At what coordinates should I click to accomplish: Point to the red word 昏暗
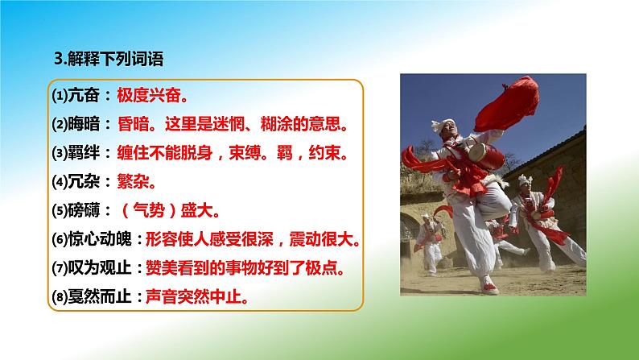point(138,125)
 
